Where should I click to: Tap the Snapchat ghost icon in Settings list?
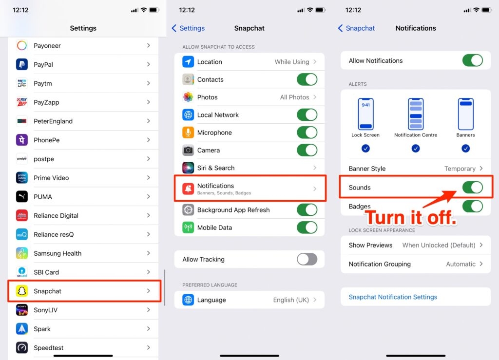21,291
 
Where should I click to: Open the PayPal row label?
43,65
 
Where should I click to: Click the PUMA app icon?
21,196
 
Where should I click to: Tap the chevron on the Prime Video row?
148,178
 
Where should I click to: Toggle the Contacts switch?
307,79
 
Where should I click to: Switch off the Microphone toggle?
307,133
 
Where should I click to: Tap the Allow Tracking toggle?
307,259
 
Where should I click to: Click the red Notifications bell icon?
188,189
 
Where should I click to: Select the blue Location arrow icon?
188,62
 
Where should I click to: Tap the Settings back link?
188,28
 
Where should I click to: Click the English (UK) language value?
291,300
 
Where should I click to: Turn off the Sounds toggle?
473,188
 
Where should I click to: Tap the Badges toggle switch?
473,206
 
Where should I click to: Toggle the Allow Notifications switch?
473,60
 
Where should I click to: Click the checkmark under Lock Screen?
365,149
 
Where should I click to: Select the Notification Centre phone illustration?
416,114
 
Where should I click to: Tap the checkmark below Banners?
465,149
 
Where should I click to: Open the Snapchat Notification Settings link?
393,297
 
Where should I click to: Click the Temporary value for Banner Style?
460,169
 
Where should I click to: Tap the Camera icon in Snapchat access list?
188,150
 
